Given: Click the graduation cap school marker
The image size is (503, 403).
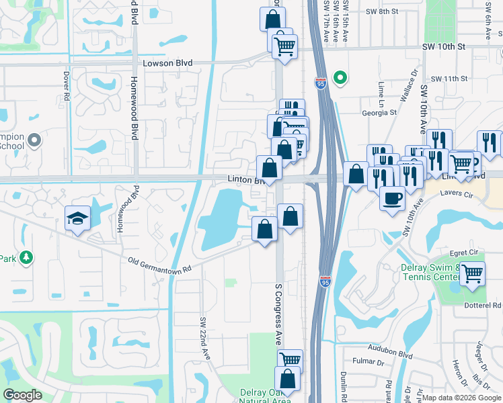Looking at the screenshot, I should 77,218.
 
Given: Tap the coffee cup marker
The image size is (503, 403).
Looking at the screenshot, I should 392,197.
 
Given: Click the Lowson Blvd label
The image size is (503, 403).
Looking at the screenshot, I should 167,63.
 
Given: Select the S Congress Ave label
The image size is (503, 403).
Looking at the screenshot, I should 278,314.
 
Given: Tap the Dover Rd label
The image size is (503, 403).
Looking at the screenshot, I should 67,87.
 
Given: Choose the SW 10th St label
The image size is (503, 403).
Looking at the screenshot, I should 444,47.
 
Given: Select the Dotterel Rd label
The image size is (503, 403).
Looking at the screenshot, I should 483,305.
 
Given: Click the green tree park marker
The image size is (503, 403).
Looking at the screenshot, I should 26,257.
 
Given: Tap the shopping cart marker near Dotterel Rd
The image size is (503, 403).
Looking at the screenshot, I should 473,273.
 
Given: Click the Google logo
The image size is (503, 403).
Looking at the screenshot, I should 22,395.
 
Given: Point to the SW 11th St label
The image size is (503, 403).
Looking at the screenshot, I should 450,79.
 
